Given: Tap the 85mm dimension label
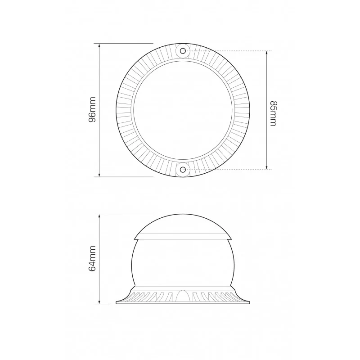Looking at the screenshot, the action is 273,113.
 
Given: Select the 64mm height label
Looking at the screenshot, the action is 92,258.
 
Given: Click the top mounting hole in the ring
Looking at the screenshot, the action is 183,51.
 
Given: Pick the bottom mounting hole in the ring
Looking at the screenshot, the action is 183,170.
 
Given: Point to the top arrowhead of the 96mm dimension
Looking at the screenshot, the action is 99,45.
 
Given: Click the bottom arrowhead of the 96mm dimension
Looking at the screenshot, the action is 99,175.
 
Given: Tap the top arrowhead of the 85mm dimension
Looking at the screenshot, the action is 266,53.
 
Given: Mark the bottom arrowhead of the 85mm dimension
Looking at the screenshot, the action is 266,167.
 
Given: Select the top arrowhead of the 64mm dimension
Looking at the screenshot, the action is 99,216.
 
